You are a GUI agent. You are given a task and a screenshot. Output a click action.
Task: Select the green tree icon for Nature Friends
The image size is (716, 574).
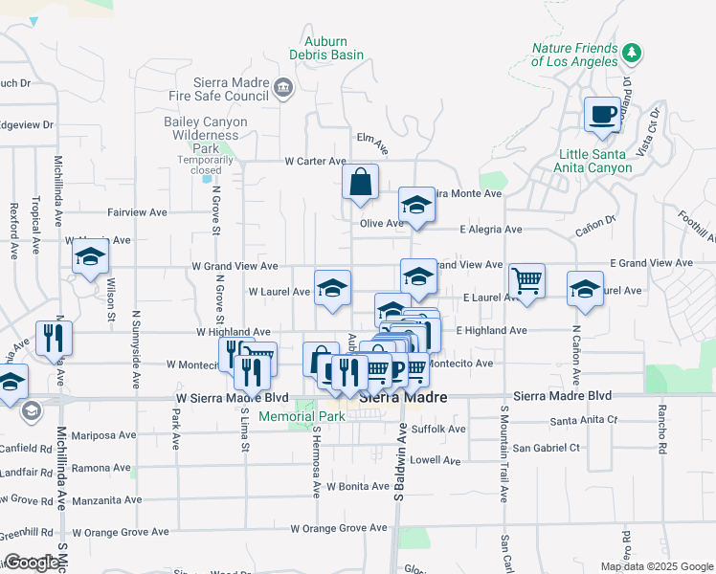coord(631,51)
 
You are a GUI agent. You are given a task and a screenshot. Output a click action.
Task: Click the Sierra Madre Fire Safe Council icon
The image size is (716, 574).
coord(283,89)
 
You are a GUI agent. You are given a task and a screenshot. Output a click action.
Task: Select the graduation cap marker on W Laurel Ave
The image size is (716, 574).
coord(332,287)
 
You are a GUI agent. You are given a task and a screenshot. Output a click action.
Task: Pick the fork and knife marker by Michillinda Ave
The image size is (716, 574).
coord(54,338)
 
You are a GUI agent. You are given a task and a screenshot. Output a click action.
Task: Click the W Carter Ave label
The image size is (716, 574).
coord(315,162)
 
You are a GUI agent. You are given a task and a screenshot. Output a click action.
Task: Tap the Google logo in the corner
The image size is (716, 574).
coord(32,563)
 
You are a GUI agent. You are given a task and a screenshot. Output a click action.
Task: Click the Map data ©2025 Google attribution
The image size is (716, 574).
coord(656,566)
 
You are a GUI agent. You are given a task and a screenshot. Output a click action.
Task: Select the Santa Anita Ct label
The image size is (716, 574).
coord(583,420)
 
